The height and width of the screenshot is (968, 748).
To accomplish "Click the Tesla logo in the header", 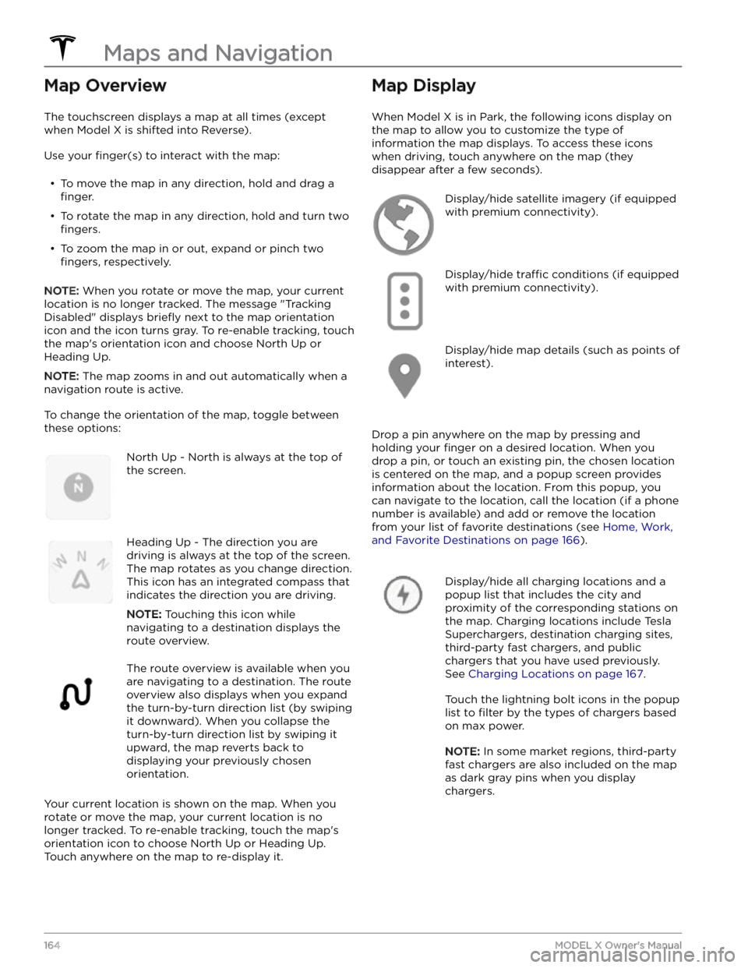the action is [62, 48].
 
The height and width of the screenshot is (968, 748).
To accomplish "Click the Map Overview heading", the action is [105, 85].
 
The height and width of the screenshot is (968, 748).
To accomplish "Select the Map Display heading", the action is [424, 85].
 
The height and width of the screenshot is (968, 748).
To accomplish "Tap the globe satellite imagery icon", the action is [404, 224].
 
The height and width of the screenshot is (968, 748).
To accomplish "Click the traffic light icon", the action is [404, 301].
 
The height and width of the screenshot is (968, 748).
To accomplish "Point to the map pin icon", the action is [404, 376].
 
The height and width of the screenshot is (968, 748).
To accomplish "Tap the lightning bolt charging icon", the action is [403, 595].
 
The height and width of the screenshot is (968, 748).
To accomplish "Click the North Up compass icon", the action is [79, 487].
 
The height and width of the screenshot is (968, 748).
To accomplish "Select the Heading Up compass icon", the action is [80, 572].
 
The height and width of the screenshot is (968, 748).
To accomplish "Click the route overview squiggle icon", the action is [76, 694].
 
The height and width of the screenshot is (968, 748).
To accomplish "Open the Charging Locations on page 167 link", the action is [556, 673].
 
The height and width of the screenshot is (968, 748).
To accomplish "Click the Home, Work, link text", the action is [637, 527].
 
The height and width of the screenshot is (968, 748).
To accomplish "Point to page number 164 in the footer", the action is [52, 945].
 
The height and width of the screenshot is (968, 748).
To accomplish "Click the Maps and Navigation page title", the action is [218, 53].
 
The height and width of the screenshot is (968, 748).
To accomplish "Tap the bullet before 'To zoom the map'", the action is [52, 249].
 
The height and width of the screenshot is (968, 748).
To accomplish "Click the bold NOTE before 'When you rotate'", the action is [62, 291].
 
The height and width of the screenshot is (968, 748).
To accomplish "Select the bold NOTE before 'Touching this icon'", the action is [144, 614].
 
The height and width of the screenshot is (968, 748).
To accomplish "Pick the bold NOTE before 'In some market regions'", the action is [462, 751].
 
